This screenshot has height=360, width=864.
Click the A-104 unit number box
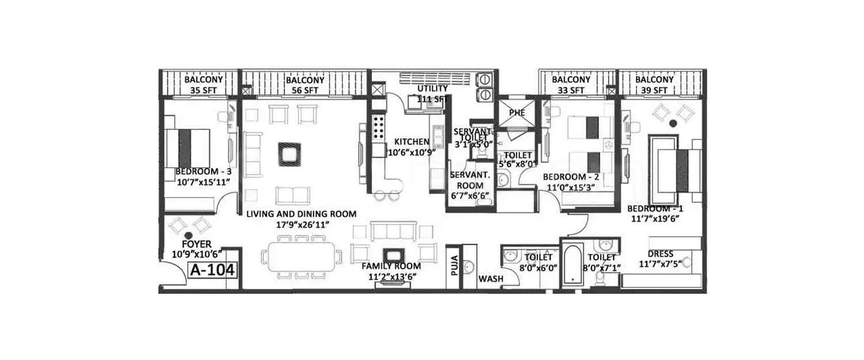[x=213, y=268]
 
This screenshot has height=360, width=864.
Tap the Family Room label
[x=391, y=271]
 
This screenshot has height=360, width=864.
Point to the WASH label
[x=490, y=279]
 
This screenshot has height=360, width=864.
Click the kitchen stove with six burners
[x=378, y=129]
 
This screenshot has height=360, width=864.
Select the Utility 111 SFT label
[x=432, y=93]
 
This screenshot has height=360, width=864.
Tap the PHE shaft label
[x=517, y=112]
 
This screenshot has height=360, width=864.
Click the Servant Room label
[x=470, y=185]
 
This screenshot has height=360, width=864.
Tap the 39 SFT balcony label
[x=654, y=85]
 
